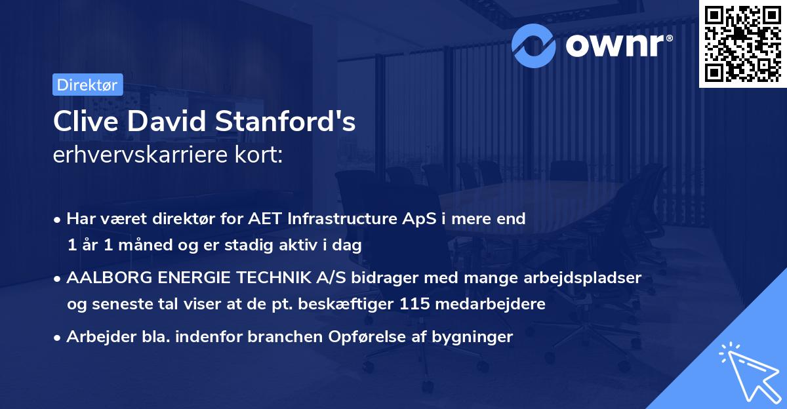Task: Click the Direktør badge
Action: click(87, 85)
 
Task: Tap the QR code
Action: click(742, 44)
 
